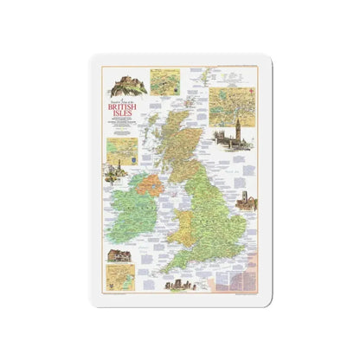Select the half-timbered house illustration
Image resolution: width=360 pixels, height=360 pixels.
(x=118, y=255)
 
